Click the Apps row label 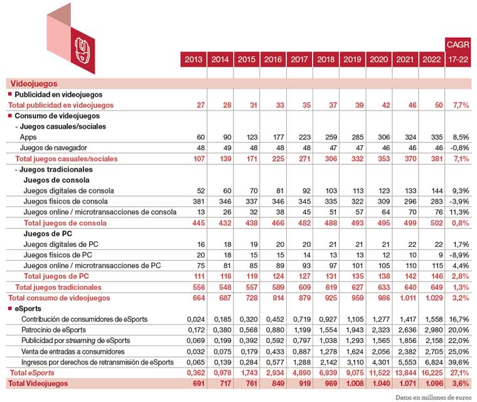click(x=28, y=137)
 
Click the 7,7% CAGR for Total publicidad click(x=459, y=105)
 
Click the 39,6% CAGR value click(x=459, y=362)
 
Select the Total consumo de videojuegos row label click(x=59, y=297)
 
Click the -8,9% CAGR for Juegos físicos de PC click(x=459, y=255)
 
